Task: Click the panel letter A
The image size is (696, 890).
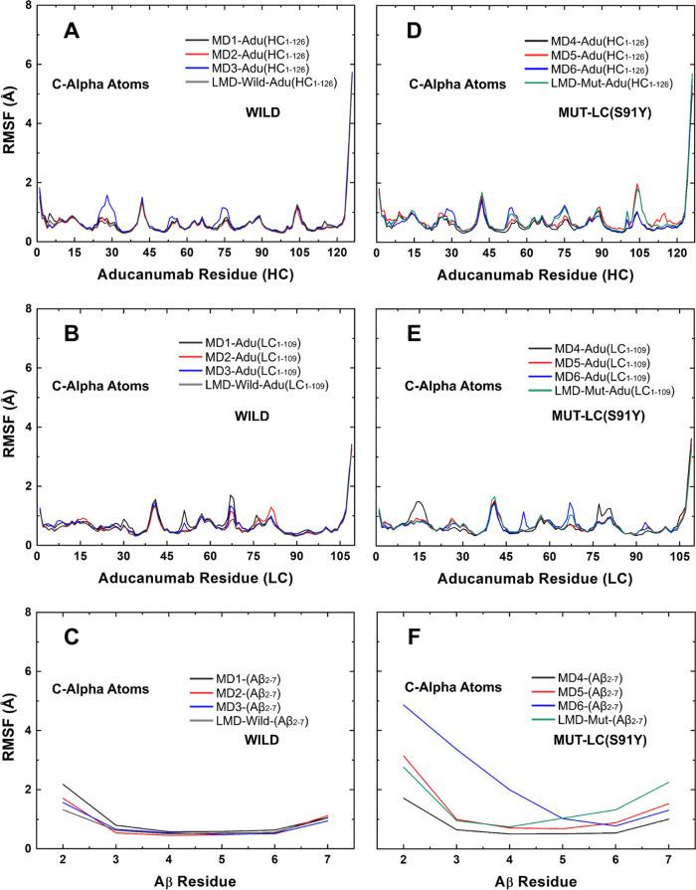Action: (73, 30)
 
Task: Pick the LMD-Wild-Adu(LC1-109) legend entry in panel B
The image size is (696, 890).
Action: (259, 384)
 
